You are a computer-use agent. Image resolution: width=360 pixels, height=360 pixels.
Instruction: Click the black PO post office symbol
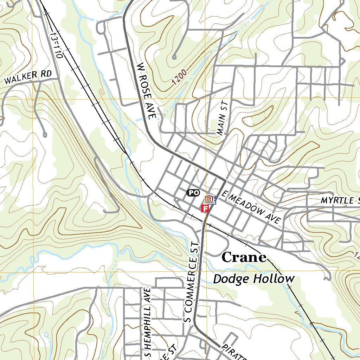pos(193,192)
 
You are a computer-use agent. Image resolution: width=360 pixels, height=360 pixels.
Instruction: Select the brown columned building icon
pos(209,199)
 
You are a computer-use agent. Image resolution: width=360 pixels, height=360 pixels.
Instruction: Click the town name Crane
pos(244,258)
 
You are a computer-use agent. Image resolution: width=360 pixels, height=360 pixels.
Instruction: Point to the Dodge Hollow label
pos(254,279)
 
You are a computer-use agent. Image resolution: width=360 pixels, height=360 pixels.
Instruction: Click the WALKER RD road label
pos(28,77)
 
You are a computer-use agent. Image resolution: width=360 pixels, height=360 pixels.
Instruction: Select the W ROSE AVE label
pos(146,91)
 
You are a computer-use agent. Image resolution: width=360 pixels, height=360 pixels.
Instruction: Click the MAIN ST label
pos(223,118)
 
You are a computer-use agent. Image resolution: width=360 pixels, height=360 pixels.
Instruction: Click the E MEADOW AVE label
pos(252,207)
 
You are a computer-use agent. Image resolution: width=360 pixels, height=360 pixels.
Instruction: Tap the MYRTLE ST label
pos(340,201)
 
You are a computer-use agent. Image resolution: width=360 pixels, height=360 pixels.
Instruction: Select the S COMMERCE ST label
pos(192,282)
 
